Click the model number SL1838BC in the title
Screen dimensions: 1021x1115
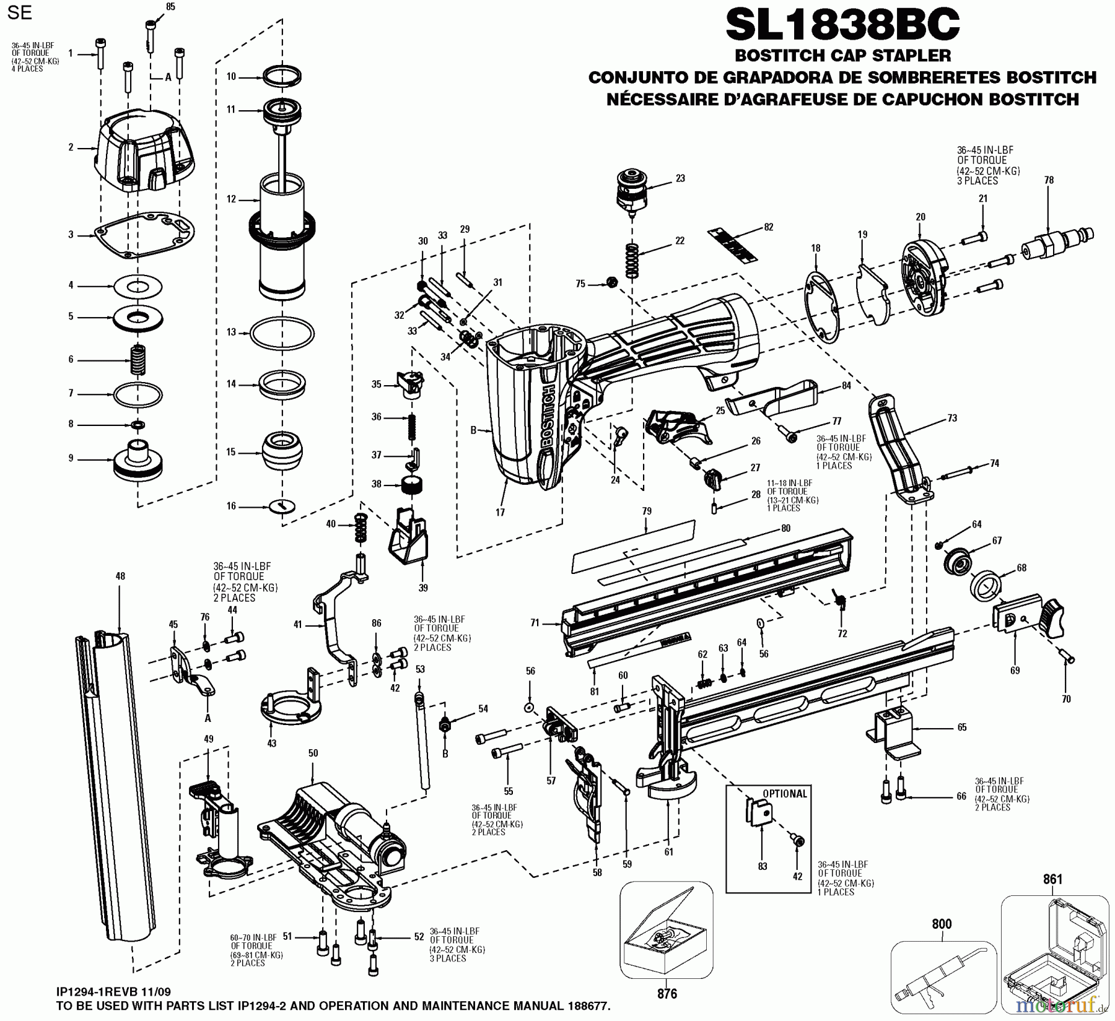[842, 25]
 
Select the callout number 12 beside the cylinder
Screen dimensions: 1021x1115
[231, 199]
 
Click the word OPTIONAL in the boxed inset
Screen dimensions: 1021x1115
[784, 794]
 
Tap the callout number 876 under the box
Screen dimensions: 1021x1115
[667, 994]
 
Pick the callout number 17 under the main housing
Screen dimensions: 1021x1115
[500, 512]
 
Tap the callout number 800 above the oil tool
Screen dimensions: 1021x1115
[942, 924]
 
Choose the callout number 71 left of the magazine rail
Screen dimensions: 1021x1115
[535, 623]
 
